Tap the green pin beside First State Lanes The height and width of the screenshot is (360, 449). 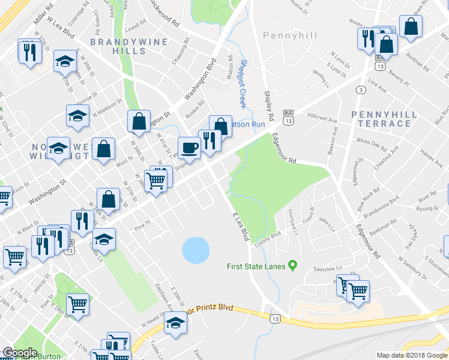(293, 265)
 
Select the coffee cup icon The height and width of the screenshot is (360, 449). (190, 147)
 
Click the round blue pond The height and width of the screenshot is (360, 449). (195, 250)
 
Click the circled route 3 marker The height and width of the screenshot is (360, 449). (360, 89)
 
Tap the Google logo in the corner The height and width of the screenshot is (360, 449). (20, 353)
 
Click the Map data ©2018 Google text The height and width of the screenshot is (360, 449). (411, 355)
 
